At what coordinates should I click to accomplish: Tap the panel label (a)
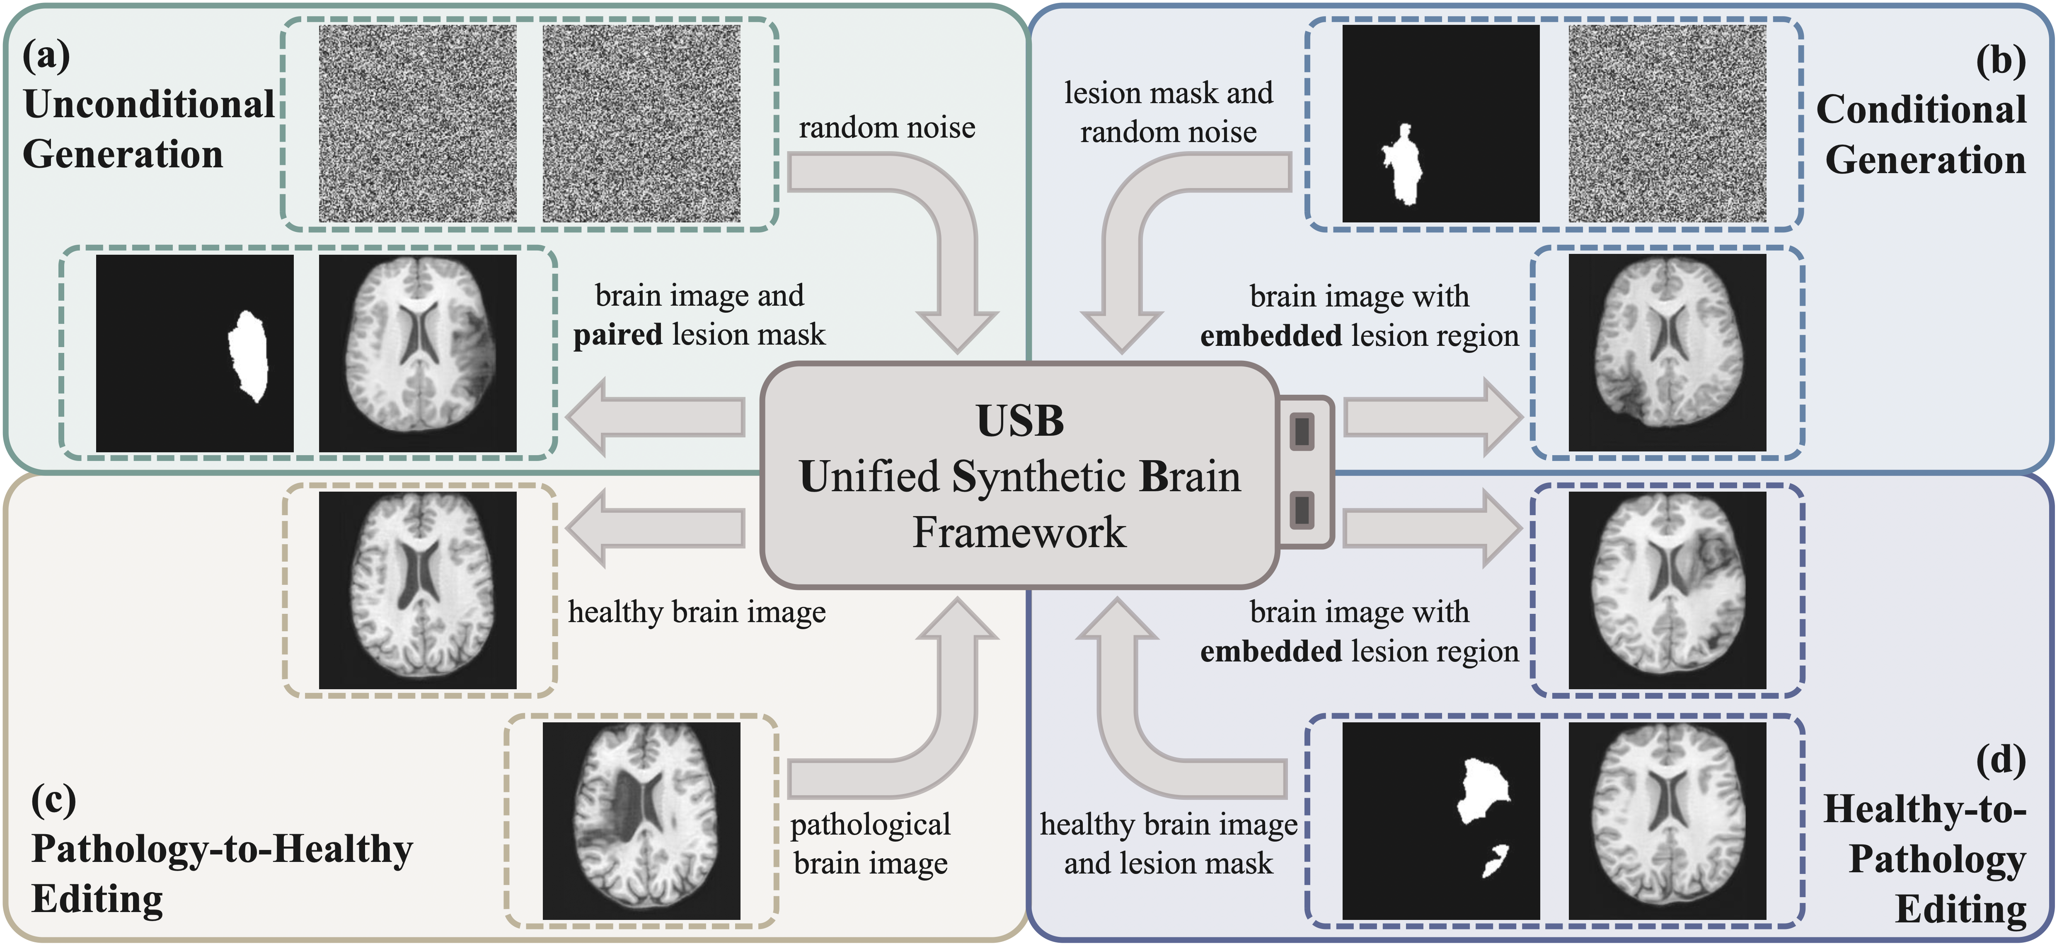click(46, 56)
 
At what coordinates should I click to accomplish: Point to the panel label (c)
click(53, 800)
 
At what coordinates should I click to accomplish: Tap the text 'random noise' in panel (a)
click(886, 128)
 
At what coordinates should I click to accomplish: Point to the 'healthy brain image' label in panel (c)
click(696, 612)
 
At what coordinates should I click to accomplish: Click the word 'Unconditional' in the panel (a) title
click(149, 104)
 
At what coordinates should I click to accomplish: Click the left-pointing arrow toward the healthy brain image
click(655, 528)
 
